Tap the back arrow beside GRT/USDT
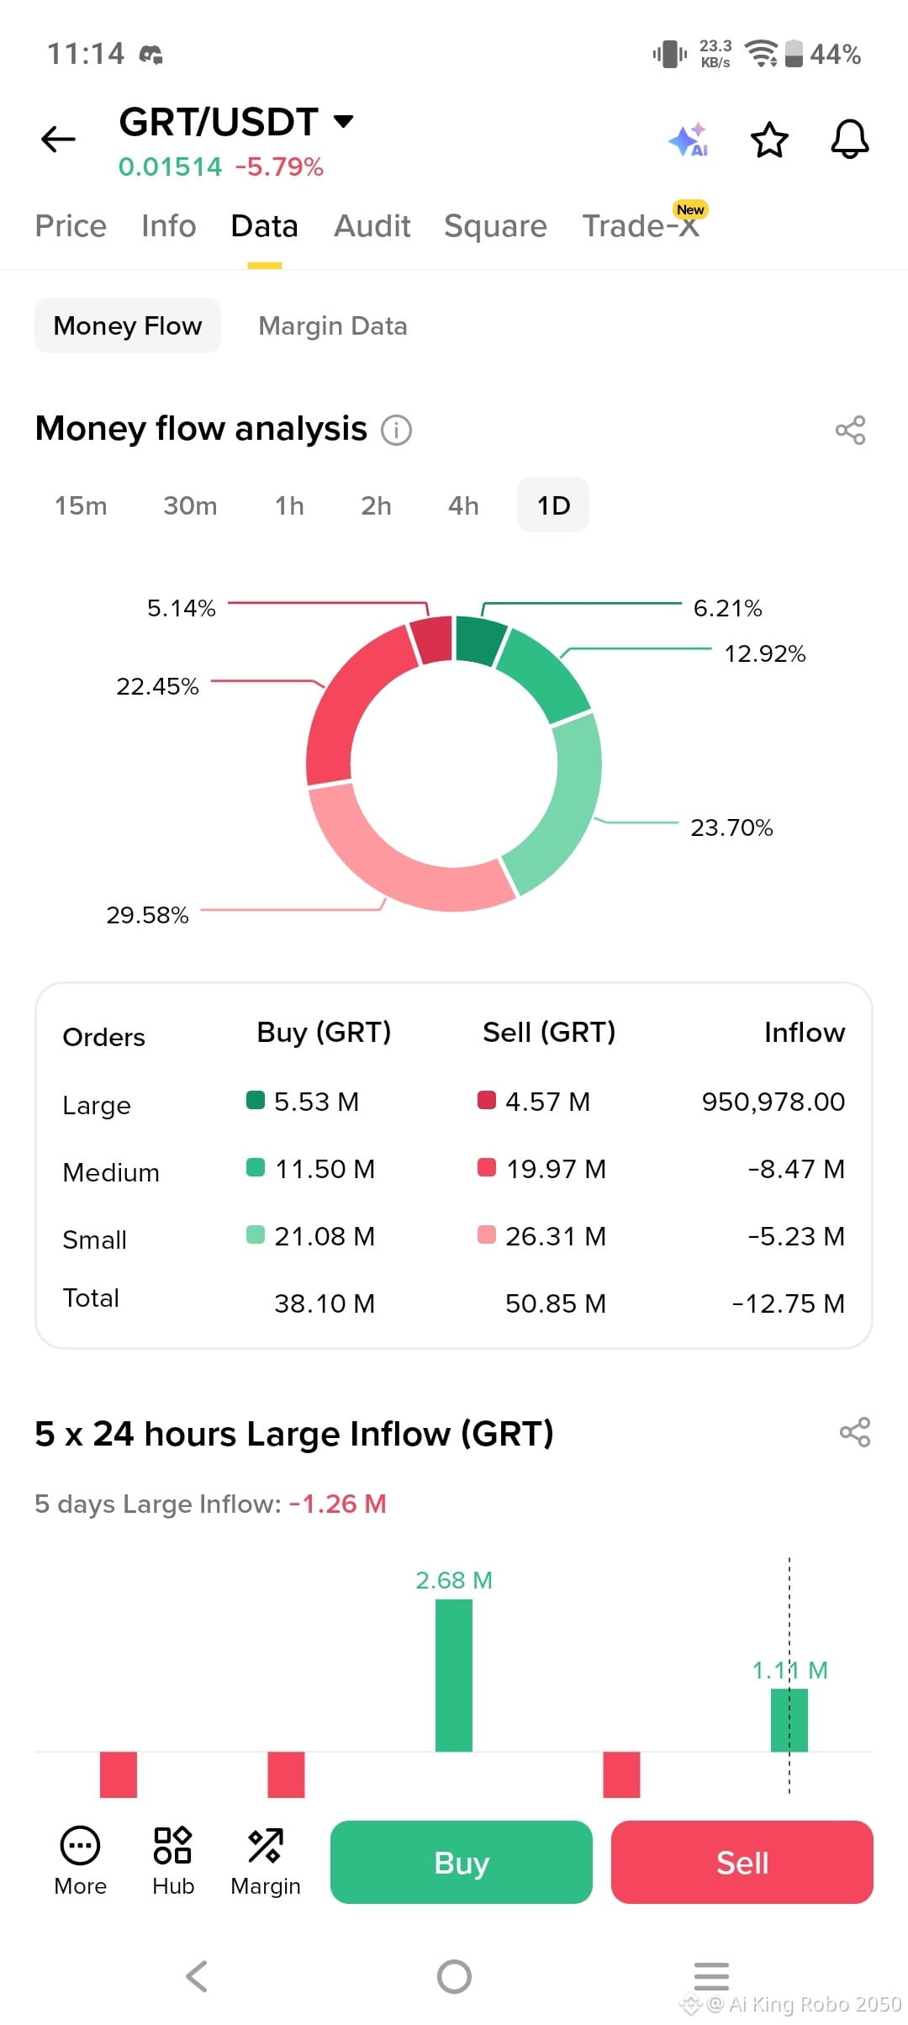coord(58,139)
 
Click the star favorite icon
coord(769,140)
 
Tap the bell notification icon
coord(849,139)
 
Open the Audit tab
coord(372,226)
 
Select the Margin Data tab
coord(333,325)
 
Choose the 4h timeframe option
coord(463,505)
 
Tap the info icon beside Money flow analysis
coord(397,430)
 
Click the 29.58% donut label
coord(147,915)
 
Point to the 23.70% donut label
coord(731,827)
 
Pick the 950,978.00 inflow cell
coord(773,1102)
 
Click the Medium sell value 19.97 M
coord(556,1169)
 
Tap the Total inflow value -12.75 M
coord(789,1303)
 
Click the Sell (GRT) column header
coord(549,1033)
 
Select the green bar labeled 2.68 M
coord(454,1675)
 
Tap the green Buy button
coord(462,1862)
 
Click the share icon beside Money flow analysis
coord(850,430)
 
